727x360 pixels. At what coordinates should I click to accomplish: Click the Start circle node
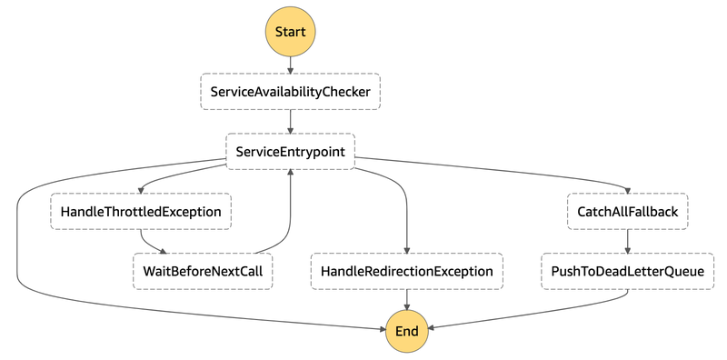[x=290, y=32]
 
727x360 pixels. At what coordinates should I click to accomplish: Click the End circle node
[x=406, y=331]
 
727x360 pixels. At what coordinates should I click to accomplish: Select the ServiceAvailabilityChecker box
[x=290, y=92]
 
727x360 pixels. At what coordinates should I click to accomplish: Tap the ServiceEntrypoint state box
[x=290, y=152]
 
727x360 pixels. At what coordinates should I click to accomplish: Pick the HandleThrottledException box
[x=141, y=212]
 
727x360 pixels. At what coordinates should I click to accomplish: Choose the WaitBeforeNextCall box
[x=204, y=271]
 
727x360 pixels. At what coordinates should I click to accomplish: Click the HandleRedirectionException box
[x=406, y=271]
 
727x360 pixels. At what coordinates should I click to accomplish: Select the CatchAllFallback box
[x=627, y=212]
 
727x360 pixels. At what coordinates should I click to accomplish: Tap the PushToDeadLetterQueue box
[x=627, y=271]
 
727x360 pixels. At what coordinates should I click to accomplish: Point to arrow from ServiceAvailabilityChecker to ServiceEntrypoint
[x=290, y=122]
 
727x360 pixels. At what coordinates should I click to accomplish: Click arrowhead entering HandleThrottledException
[x=141, y=190]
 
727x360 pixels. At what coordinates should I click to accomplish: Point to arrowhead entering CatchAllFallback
[x=627, y=190]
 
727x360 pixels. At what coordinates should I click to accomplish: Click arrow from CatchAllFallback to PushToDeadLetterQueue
[x=627, y=241]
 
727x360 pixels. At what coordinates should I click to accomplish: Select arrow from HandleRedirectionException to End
[x=406, y=300]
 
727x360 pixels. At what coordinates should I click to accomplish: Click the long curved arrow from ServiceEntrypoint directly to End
[x=18, y=255]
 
